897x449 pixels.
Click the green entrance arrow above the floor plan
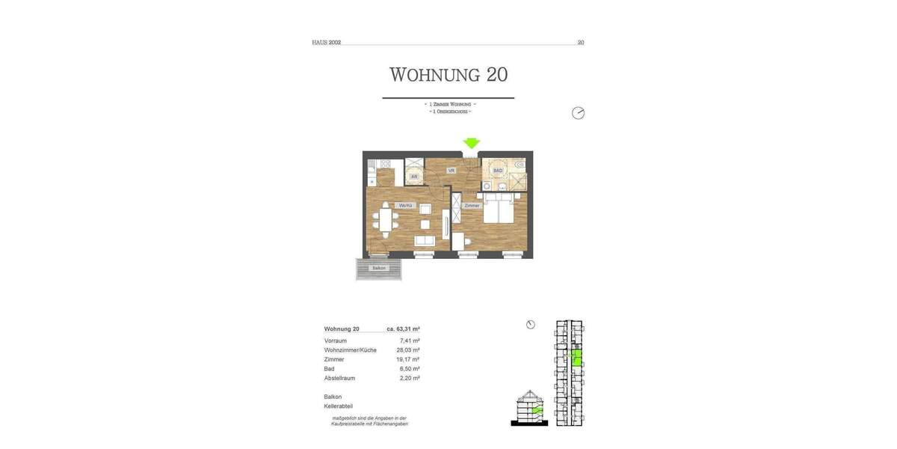tap(471, 143)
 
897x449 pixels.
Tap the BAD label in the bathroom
tap(497, 171)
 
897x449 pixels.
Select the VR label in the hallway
tap(451, 171)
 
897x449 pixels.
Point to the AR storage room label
tap(413, 177)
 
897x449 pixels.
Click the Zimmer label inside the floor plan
tap(471, 205)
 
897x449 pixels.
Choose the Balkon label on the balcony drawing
tap(379, 268)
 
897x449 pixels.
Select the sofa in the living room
tap(425, 241)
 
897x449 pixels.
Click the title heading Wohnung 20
tap(449, 75)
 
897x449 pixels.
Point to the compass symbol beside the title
tap(578, 113)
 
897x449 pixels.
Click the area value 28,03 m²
tap(408, 350)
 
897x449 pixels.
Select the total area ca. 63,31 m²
tap(403, 329)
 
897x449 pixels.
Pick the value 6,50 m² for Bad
tap(410, 369)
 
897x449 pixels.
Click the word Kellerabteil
tap(339, 406)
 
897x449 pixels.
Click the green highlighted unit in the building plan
tap(576, 358)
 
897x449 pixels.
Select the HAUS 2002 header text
tap(327, 43)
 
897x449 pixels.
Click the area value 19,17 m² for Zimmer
tap(408, 359)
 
